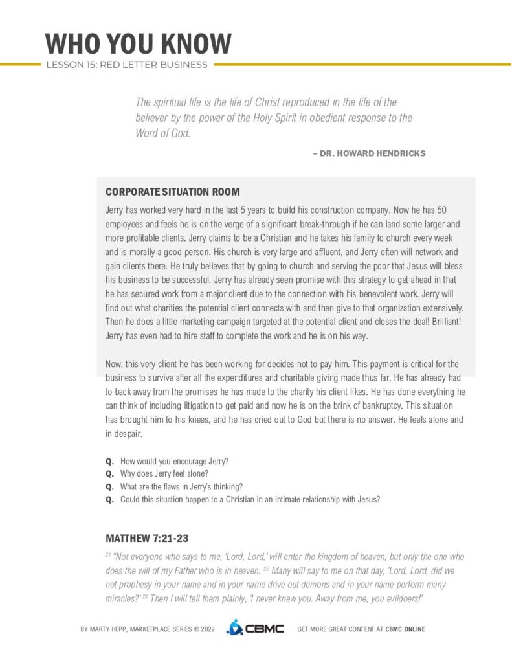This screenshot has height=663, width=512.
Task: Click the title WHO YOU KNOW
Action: [138, 43]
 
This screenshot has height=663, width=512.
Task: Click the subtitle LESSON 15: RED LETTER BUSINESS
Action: [126, 65]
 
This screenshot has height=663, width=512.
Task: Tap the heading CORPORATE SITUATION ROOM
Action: [172, 192]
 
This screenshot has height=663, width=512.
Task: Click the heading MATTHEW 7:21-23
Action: [147, 538]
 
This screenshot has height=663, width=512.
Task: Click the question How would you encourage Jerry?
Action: [175, 461]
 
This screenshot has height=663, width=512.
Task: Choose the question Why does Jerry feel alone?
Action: [164, 473]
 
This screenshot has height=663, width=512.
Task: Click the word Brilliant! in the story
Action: [444, 322]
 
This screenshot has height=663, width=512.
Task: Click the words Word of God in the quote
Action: [163, 134]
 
